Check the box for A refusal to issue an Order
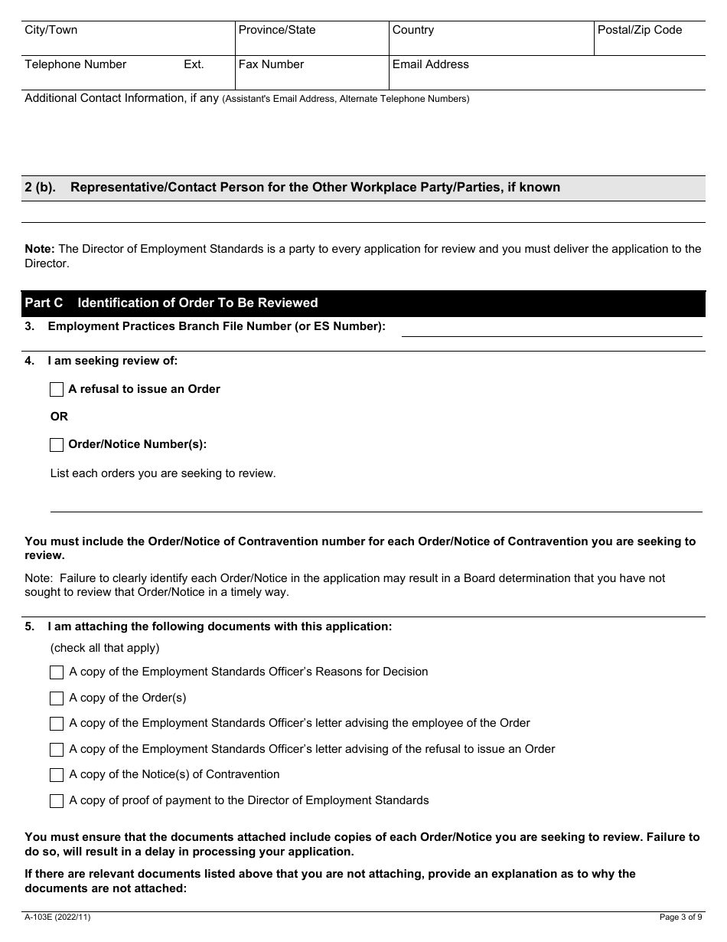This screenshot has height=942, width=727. [57, 389]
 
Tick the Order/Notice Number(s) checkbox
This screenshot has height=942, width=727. [57, 444]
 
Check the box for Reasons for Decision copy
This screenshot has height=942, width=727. [57, 672]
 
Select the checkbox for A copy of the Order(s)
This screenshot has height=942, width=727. [57, 698]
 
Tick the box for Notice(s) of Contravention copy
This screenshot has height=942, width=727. [57, 775]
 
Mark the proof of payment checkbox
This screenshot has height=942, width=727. [57, 801]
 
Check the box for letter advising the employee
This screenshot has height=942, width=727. [57, 724]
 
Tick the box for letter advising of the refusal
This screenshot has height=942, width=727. [57, 749]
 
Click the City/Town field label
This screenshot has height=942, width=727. [51, 30]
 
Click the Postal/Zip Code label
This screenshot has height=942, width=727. [641, 30]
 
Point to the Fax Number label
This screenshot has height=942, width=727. [271, 64]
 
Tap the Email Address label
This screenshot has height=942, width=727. [430, 64]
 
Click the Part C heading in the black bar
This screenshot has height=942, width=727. [171, 303]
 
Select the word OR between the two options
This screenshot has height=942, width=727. [59, 417]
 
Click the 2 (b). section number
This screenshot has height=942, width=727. [41, 188]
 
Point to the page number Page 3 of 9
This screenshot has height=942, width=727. [680, 917]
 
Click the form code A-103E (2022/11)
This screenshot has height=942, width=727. [57, 917]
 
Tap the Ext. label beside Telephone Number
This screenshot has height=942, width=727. [194, 64]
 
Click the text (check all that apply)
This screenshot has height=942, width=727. [105, 648]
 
